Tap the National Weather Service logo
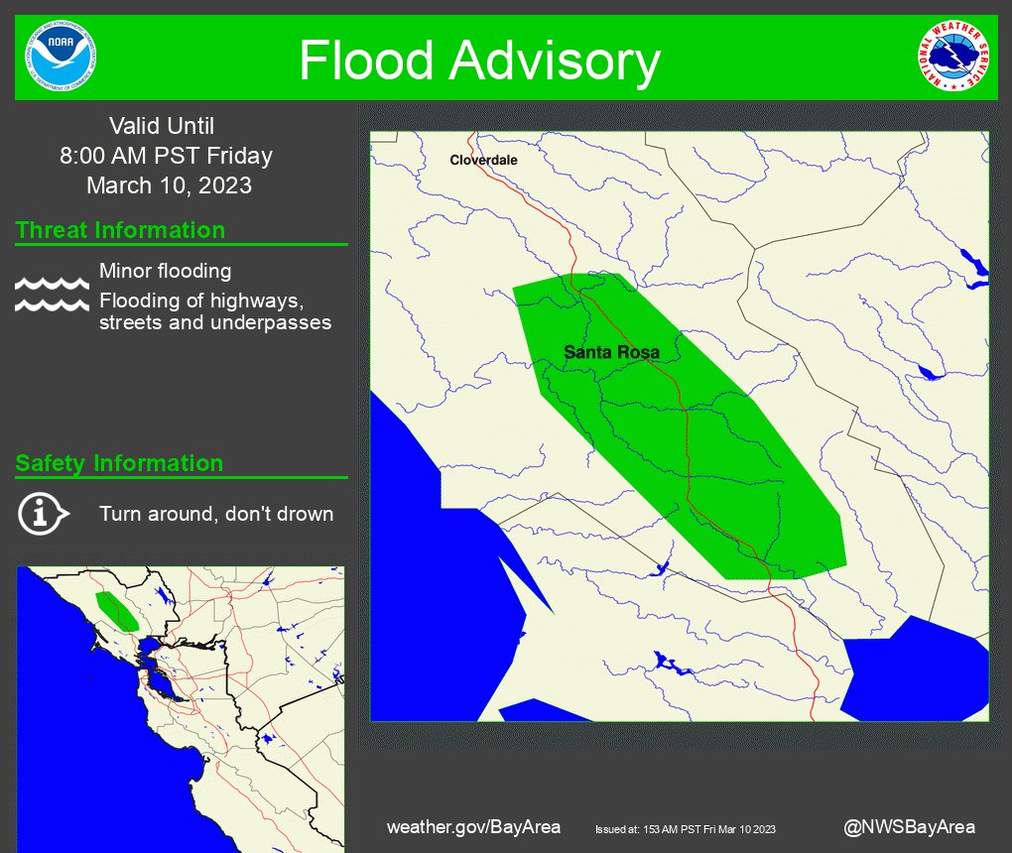[952, 57]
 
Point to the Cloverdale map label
[483, 160]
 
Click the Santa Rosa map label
[611, 352]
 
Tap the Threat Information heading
[120, 230]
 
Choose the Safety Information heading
[119, 463]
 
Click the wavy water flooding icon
[52, 295]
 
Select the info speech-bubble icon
[43, 514]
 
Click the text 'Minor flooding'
[165, 271]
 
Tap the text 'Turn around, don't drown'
[216, 514]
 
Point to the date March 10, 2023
[169, 185]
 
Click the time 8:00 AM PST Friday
[166, 156]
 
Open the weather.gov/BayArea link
[473, 827]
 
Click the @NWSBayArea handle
[909, 827]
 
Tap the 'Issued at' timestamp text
[685, 829]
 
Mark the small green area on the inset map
[117, 611]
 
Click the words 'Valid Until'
[162, 126]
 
